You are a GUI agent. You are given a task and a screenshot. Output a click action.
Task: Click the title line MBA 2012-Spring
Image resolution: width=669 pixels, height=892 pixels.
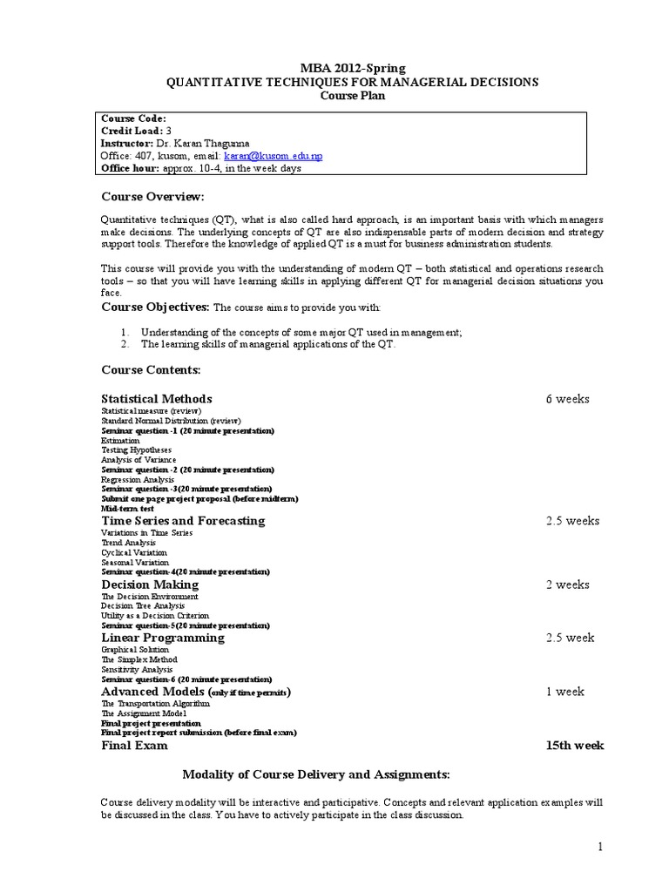click(x=352, y=68)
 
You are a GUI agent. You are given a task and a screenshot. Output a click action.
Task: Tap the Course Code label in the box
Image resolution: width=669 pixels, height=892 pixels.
click(x=133, y=118)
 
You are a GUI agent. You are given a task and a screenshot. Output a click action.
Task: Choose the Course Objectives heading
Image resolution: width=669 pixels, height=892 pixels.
click(x=155, y=307)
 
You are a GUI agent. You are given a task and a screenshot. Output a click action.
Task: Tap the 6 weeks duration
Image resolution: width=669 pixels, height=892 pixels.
click(x=567, y=399)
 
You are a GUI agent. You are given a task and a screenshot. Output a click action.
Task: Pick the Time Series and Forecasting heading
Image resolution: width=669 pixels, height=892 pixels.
click(x=183, y=520)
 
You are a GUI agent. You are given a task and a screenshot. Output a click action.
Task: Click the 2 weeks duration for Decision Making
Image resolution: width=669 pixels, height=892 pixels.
click(x=567, y=585)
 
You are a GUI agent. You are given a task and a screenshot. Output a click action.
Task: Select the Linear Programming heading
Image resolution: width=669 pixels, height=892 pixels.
click(x=163, y=638)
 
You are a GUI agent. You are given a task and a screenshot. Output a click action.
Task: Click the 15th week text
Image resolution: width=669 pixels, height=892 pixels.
click(x=574, y=746)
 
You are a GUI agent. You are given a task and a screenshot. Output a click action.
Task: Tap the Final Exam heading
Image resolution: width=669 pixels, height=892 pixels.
click(x=134, y=746)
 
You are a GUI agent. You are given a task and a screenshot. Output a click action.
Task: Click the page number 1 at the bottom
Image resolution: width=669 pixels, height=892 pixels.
click(x=600, y=847)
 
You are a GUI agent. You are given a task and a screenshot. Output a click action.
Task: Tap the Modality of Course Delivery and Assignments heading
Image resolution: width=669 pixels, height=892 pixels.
click(x=314, y=774)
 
